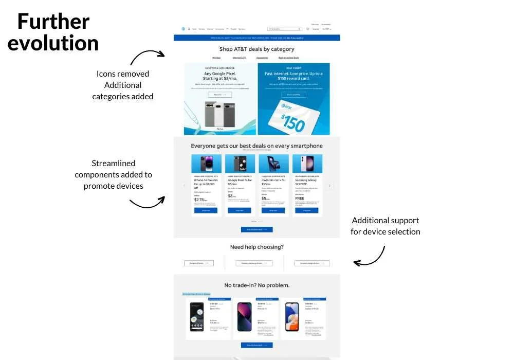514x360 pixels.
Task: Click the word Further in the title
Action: click(53, 22)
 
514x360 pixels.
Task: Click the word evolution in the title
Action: click(53, 43)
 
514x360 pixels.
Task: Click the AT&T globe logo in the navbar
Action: click(182, 29)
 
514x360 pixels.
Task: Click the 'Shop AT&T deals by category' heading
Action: click(256, 49)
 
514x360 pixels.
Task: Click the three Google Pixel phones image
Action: click(219, 114)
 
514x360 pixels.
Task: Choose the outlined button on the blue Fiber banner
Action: click(293, 95)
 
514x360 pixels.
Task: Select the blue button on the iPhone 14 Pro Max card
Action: click(206, 210)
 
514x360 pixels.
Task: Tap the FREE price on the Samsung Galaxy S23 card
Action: click(300, 198)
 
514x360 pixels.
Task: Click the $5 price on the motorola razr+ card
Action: click(264, 198)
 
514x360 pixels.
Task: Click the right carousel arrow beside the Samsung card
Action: click(330, 186)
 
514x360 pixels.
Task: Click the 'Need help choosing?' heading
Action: click(256, 247)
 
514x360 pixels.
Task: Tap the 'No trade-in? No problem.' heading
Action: click(256, 285)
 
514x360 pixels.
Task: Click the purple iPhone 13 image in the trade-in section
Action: click(244, 317)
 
